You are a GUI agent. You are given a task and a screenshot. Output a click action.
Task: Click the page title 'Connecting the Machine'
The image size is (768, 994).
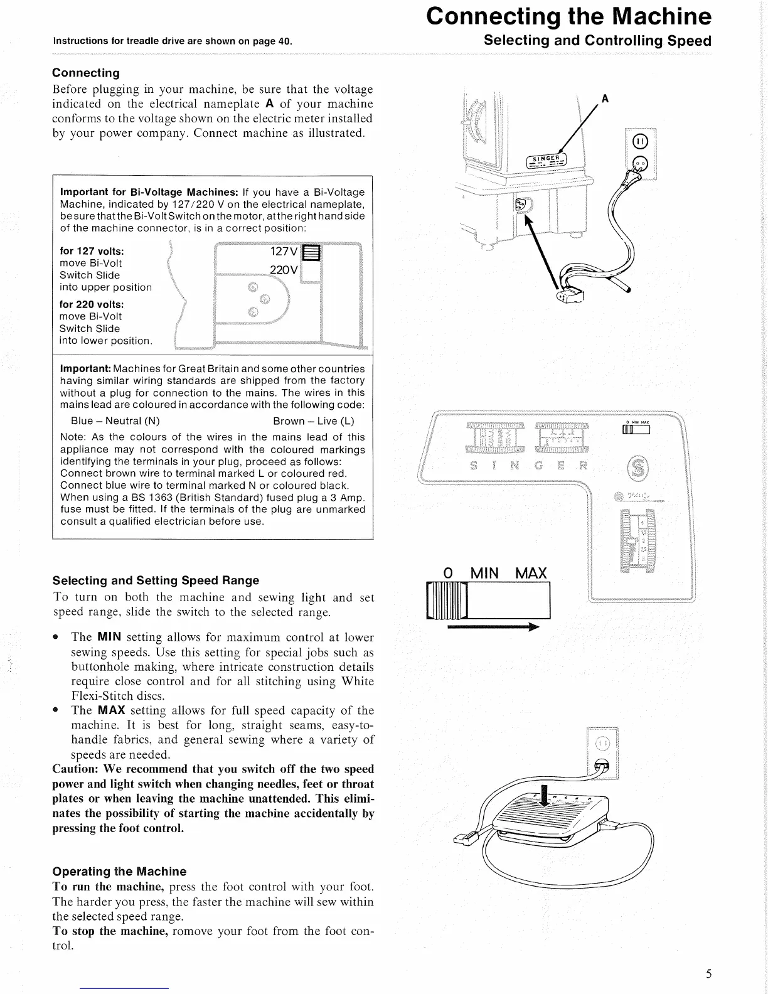568,16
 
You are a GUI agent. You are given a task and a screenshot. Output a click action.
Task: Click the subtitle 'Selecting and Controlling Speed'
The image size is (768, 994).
598,41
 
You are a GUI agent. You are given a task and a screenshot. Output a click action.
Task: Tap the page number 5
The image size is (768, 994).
708,974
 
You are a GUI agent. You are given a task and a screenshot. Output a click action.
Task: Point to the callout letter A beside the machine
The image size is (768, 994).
605,99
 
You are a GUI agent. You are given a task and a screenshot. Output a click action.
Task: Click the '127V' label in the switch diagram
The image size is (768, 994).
284,252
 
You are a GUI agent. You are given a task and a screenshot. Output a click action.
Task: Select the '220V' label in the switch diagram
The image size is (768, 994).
283,270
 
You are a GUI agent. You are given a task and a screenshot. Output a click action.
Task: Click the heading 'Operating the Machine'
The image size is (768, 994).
119,872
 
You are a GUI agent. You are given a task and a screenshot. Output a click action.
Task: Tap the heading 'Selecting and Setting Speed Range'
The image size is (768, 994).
156,580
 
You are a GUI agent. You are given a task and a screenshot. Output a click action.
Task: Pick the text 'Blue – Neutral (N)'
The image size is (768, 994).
115,421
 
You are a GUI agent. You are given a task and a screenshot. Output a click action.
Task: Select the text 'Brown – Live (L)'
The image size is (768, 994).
314,421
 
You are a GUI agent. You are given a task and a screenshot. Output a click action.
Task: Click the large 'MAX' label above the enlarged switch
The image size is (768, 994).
531,573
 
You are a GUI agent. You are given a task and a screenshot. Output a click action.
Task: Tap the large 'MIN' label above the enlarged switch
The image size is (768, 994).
484,573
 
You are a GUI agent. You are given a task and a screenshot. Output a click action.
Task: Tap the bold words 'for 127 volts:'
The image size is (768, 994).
92,251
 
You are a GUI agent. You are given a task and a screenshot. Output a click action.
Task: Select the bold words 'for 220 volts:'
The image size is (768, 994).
92,304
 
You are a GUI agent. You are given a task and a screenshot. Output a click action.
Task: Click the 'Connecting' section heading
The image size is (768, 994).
86,73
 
